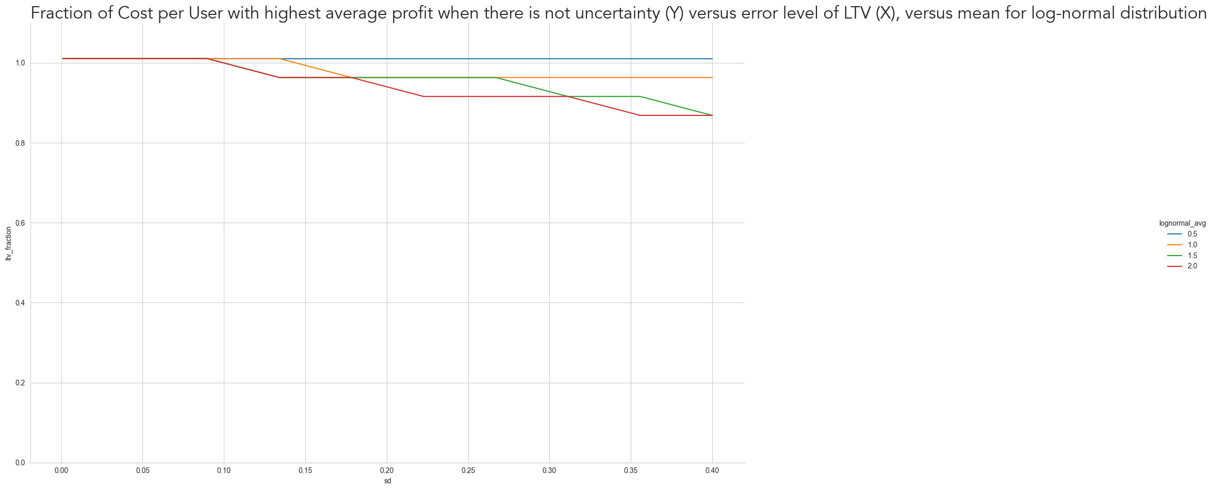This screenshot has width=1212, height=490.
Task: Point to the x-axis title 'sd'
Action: point(387,481)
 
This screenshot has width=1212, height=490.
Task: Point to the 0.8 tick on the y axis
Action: point(20,143)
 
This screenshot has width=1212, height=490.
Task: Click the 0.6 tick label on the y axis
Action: point(20,223)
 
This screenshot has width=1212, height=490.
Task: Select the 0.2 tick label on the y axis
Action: point(20,383)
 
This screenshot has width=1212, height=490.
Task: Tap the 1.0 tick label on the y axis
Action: point(20,63)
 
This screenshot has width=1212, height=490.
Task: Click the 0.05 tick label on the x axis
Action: point(143,470)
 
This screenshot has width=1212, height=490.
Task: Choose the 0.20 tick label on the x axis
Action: point(387,470)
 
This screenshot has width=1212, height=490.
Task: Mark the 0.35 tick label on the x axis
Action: point(631,470)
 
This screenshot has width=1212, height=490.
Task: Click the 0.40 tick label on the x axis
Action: point(712,470)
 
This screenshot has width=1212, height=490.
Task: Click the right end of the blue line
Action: point(712,59)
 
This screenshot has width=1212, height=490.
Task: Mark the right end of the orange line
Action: point(712,78)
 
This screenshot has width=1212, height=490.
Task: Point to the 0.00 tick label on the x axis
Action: point(61,470)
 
